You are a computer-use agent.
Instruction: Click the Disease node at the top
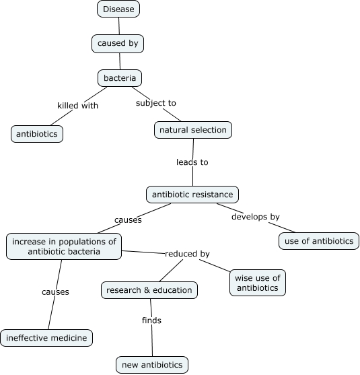[x=119, y=9]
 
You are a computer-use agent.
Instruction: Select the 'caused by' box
[x=118, y=44]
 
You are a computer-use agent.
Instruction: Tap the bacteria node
[x=120, y=78]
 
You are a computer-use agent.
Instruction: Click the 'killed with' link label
[x=78, y=106]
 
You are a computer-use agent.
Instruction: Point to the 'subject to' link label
[x=155, y=103]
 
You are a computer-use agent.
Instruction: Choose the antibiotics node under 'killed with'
[x=37, y=134]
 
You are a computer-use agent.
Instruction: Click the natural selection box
[x=194, y=129]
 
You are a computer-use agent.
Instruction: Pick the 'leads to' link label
[x=192, y=162]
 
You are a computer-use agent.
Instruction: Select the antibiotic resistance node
[x=192, y=195]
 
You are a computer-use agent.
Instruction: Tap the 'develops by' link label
[x=255, y=217]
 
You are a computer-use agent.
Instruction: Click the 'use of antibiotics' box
[x=319, y=240]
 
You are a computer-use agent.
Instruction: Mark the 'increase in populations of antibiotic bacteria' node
[x=64, y=246]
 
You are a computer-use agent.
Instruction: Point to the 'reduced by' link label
[x=187, y=254]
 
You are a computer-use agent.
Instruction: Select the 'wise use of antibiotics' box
[x=258, y=283]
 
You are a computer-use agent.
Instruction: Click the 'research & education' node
[x=149, y=290]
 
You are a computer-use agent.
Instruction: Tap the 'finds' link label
[x=151, y=320]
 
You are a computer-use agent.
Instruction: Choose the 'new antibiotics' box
[x=152, y=365]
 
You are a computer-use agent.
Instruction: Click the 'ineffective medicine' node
[x=46, y=337]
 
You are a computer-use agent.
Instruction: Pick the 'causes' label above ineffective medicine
[x=55, y=292]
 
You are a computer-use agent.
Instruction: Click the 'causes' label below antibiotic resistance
[x=128, y=219]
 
